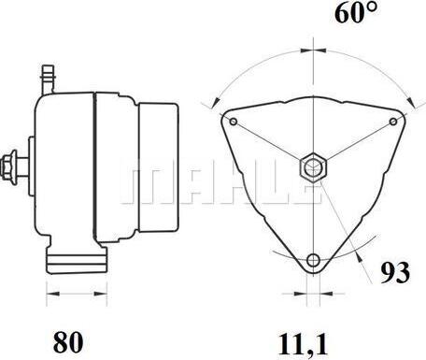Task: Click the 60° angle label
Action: pyautogui.click(x=356, y=12)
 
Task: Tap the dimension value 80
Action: pyautogui.click(x=68, y=342)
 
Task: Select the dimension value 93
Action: pyautogui.click(x=395, y=273)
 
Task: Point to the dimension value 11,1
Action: pyautogui.click(x=304, y=344)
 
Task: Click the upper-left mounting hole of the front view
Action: pyautogui.click(x=234, y=122)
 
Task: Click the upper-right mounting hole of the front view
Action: pyautogui.click(x=393, y=122)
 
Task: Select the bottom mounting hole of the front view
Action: pyautogui.click(x=313, y=260)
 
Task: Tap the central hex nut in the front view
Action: pyautogui.click(x=313, y=167)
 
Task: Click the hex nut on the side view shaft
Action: pyautogui.click(x=8, y=166)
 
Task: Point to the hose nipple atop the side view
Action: pyautogui.click(x=48, y=79)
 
